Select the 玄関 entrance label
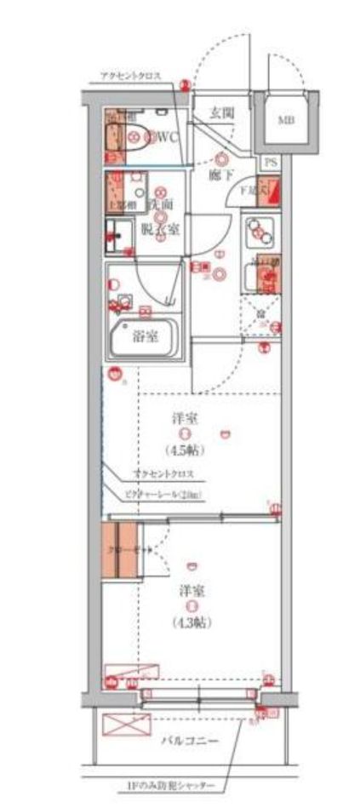tap(223, 112)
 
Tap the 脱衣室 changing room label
tap(161, 229)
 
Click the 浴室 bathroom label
tap(144, 335)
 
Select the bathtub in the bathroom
tap(144, 340)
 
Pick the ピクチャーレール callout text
tap(167, 494)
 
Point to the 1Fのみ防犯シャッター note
tap(178, 784)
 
